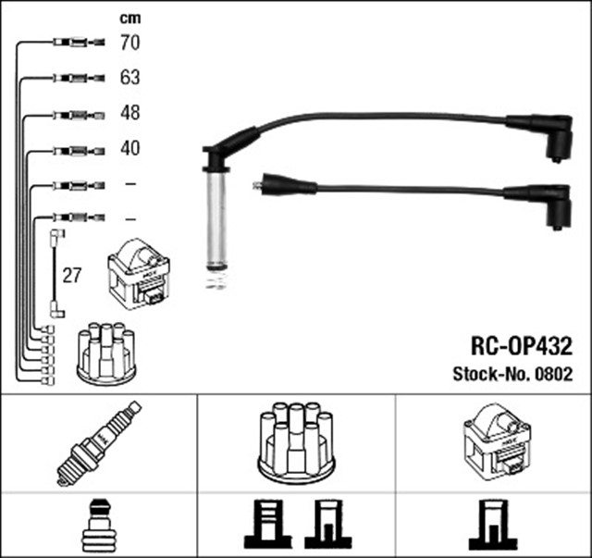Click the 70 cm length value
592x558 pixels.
(x=129, y=43)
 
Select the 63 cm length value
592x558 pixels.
(x=129, y=78)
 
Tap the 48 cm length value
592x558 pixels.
(x=129, y=114)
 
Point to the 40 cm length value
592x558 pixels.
(x=129, y=148)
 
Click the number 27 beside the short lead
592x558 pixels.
(x=72, y=275)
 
